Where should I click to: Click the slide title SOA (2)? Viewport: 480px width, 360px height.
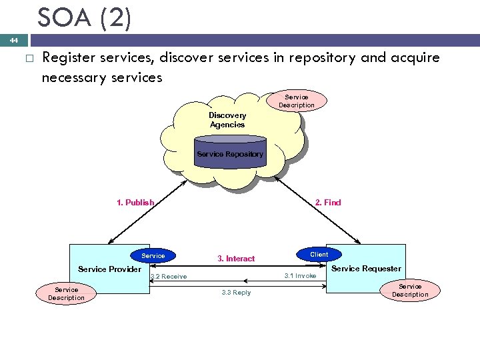(84, 18)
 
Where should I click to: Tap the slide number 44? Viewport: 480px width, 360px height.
(13, 41)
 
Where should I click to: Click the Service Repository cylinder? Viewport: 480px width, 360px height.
(230, 153)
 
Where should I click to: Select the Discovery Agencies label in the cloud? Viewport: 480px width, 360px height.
(227, 120)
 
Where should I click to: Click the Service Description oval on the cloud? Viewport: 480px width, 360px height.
(296, 101)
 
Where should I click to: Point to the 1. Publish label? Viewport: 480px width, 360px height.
(135, 203)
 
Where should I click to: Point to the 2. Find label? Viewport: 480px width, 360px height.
(327, 203)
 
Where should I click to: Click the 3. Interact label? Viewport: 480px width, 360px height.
(236, 259)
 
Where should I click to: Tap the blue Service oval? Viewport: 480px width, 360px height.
(153, 255)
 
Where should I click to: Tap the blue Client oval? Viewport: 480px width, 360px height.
(319, 254)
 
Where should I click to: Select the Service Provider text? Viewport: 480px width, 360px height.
(109, 269)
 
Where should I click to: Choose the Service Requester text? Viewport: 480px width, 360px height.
(366, 269)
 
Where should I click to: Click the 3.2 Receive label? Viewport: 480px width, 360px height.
(169, 277)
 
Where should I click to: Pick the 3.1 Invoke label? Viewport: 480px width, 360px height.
(300, 275)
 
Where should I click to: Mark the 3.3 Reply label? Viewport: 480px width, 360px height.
(236, 293)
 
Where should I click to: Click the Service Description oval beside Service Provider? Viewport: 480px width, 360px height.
(66, 294)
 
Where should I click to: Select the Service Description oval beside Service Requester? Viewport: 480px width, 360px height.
(410, 291)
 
